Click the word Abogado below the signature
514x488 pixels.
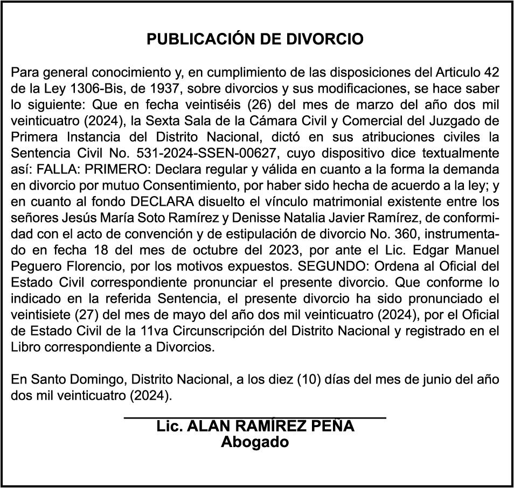255,443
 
